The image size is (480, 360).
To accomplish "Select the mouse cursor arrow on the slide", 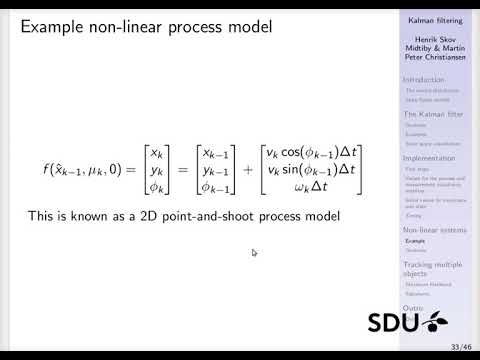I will [x=254, y=252].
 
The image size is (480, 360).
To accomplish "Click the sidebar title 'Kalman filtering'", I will [x=434, y=19].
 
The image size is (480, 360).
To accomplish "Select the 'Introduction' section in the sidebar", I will [x=425, y=79].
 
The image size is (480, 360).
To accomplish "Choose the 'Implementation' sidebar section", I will [x=429, y=158].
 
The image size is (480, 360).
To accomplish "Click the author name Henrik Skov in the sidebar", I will [x=434, y=38].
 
